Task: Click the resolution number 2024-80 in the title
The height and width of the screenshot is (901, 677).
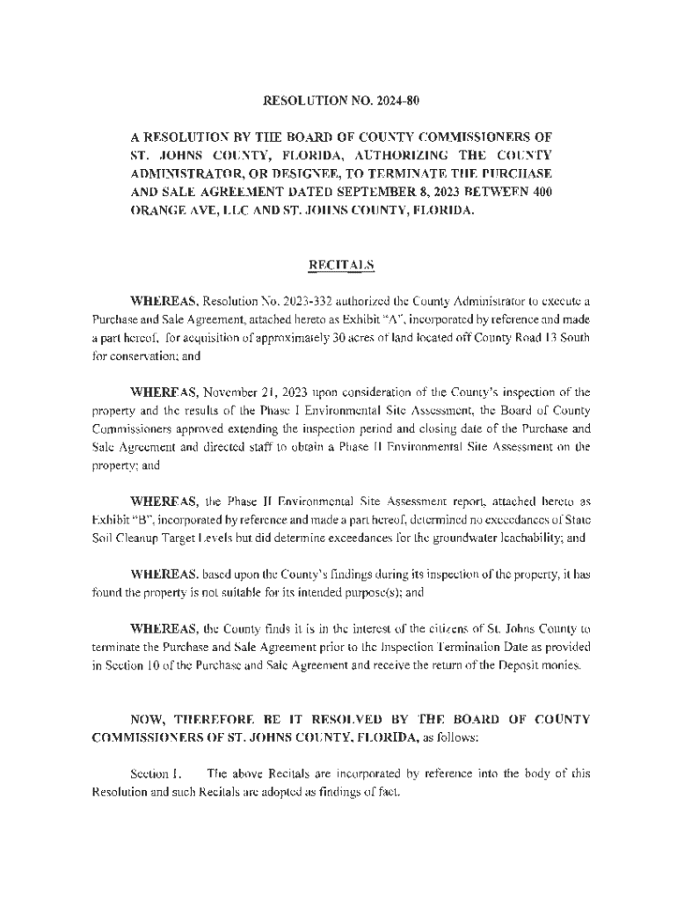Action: [396, 101]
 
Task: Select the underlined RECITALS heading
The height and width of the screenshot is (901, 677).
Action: [338, 264]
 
